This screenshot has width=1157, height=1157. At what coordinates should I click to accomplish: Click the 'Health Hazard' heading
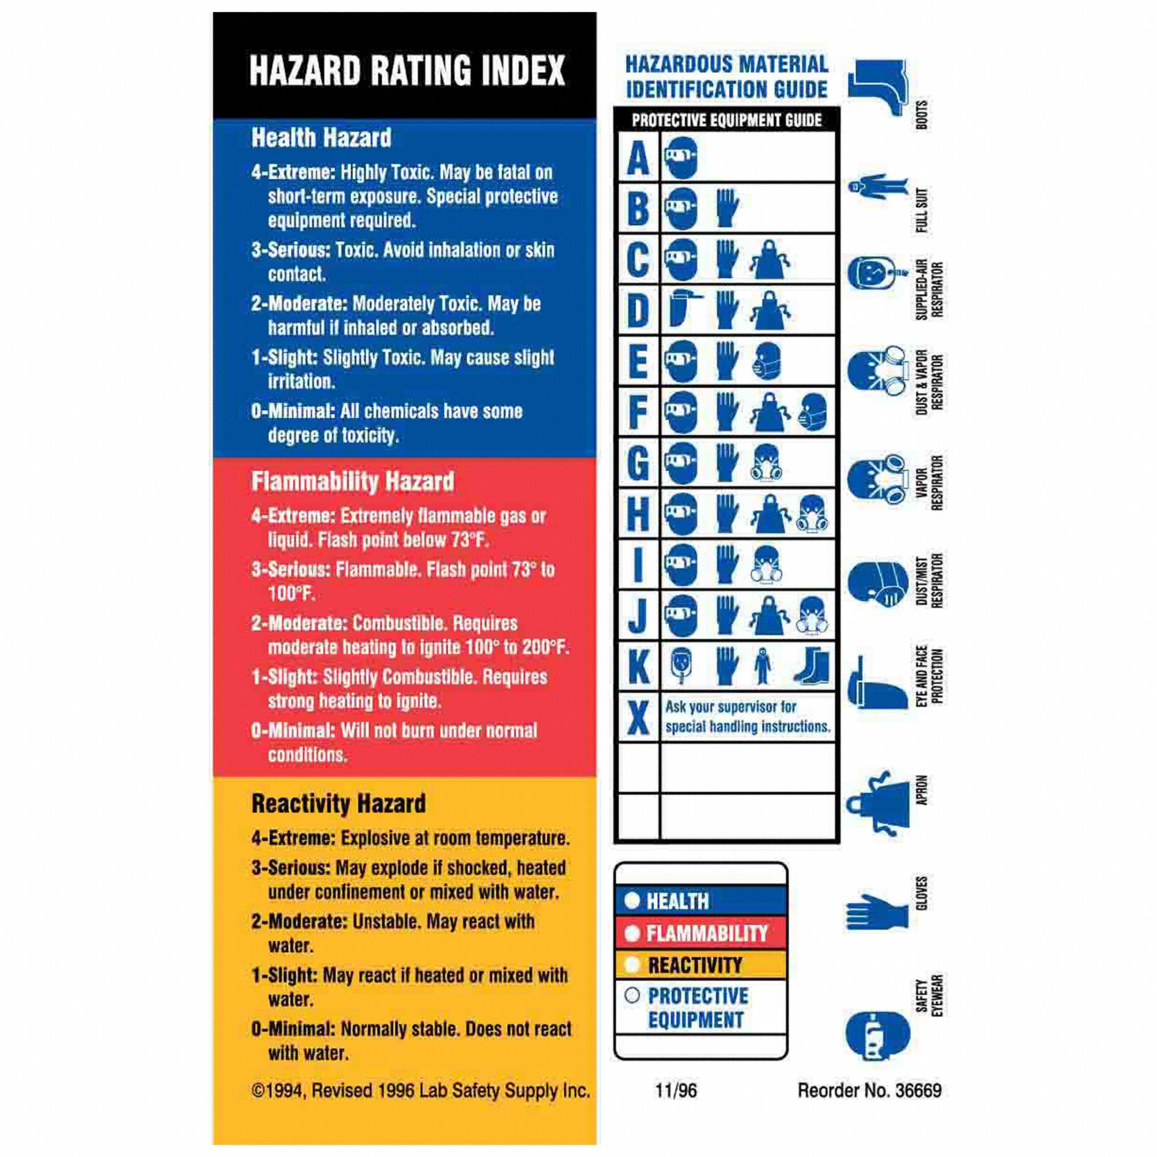(x=321, y=138)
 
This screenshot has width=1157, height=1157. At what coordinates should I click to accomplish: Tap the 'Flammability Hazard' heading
(x=352, y=481)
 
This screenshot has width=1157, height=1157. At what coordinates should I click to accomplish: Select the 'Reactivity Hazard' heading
(x=338, y=804)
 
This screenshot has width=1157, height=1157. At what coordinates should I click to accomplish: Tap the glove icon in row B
(x=727, y=208)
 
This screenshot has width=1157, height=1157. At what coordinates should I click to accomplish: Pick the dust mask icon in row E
(x=768, y=360)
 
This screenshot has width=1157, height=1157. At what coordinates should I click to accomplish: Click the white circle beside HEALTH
(x=632, y=900)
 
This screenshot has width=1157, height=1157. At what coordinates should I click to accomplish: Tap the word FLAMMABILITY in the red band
(x=707, y=933)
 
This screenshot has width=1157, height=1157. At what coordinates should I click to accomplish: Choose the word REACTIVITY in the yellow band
(x=695, y=966)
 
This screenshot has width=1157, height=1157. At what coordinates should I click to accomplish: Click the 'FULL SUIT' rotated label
(x=922, y=210)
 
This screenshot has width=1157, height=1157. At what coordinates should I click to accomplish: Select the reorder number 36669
(x=918, y=1090)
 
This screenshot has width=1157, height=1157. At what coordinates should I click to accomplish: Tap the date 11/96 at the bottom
(x=676, y=1090)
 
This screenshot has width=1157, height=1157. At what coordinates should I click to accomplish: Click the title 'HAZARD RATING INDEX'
(x=407, y=71)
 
